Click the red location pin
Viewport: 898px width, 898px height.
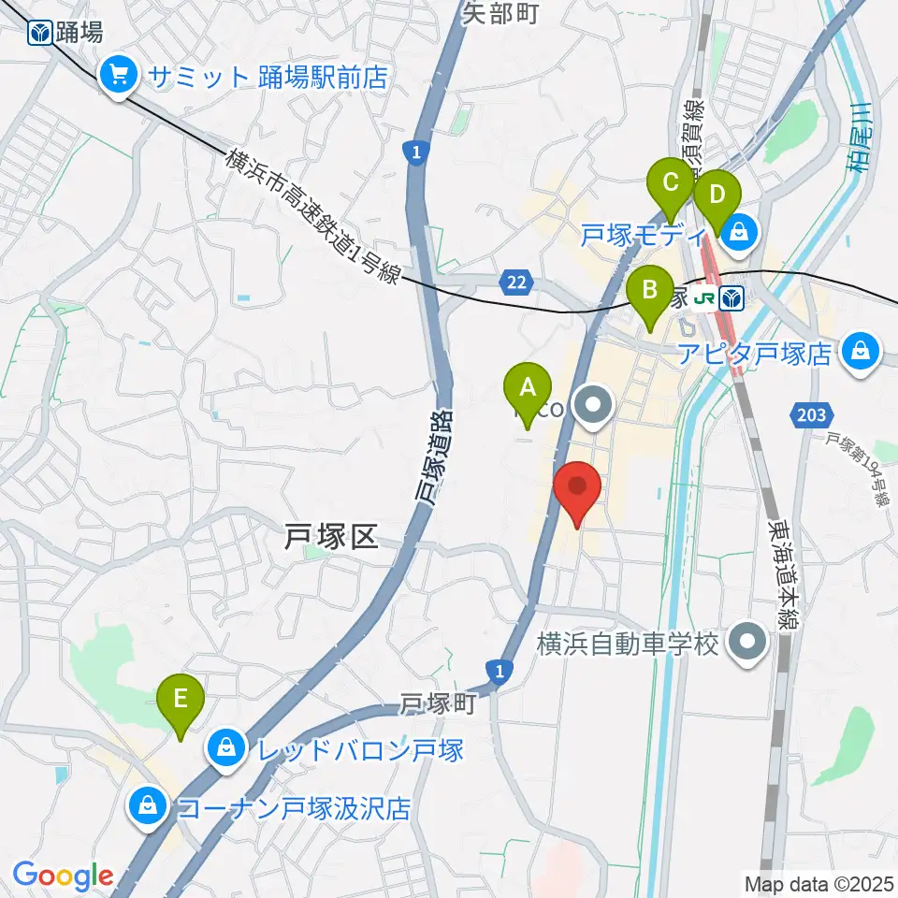[577, 488]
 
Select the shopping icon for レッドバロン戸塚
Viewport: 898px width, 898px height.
[226, 750]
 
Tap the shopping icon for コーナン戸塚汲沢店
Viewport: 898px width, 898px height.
[148, 807]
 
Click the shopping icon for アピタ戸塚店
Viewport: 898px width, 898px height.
[858, 353]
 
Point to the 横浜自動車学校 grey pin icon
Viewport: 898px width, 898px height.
[748, 643]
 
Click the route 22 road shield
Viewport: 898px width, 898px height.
[517, 282]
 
